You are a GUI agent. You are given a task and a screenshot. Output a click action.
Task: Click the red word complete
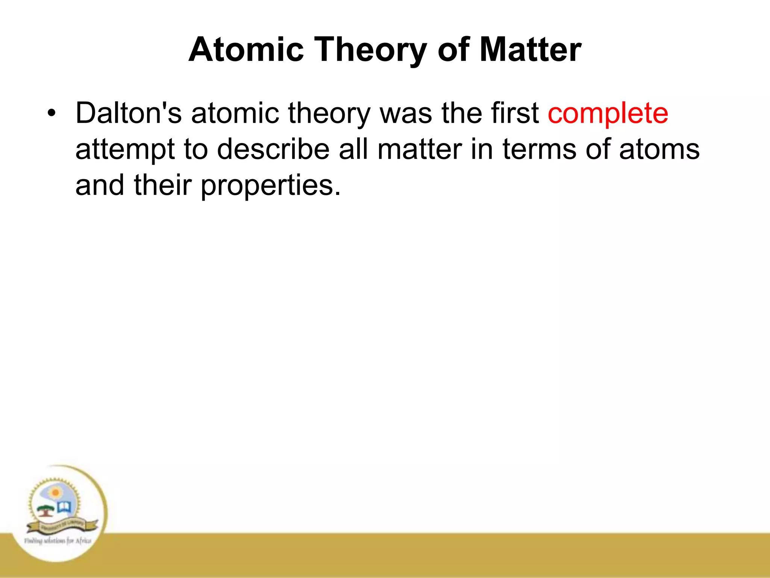[608, 113]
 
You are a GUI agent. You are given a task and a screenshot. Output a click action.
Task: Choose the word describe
[273, 149]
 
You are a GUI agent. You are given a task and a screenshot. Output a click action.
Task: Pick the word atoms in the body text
[659, 149]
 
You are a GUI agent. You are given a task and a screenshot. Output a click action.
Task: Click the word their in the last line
[163, 185]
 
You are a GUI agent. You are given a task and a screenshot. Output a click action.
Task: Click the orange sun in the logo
[56, 493]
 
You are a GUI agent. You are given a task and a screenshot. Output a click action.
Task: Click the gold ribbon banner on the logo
[62, 525]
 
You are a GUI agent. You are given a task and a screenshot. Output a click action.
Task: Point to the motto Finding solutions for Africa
[58, 541]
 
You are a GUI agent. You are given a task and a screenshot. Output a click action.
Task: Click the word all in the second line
[353, 149]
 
